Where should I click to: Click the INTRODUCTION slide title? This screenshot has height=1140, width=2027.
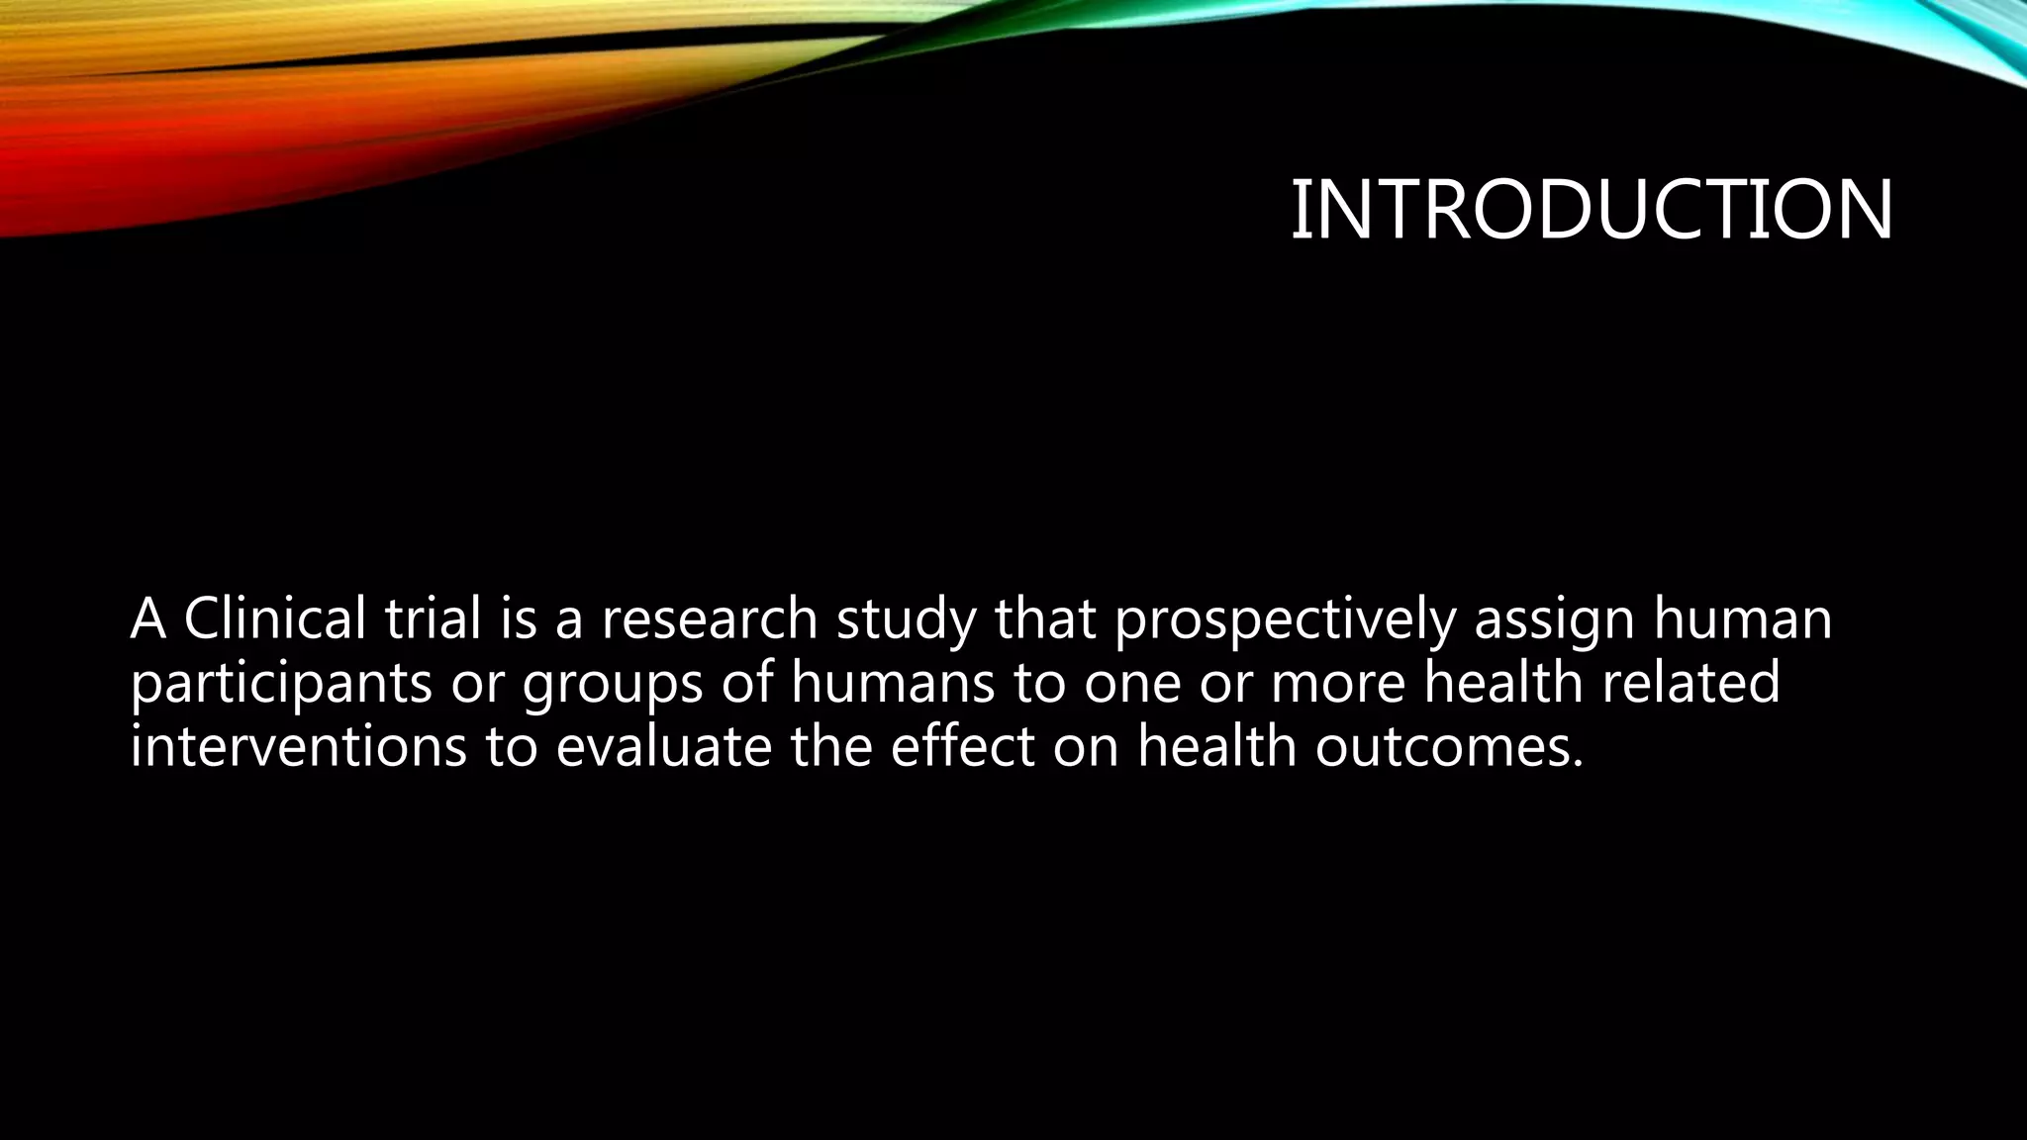pos(1591,210)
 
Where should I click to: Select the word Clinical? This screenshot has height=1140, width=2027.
pos(274,618)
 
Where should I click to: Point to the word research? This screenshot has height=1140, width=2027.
pos(709,620)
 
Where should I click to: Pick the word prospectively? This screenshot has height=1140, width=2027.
pos(1285,620)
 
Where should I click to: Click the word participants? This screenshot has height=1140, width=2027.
pos(280,684)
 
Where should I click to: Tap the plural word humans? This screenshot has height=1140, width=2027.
pos(892,683)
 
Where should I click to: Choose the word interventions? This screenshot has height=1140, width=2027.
pos(298,745)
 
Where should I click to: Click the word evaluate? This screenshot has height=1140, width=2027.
pos(663,745)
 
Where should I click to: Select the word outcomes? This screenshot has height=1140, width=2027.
pos(1449,745)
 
